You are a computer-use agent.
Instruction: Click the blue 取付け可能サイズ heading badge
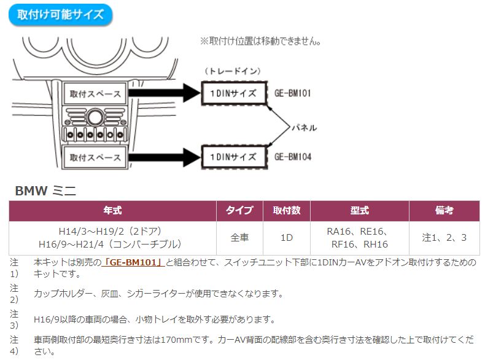pos(60,15)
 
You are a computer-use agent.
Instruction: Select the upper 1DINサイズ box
pos(234,93)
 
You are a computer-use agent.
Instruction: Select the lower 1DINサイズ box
pos(234,157)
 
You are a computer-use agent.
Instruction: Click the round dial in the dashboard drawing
pos(95,118)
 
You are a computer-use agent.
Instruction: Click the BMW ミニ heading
pos(45,191)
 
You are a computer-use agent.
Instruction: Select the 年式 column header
pos(113,210)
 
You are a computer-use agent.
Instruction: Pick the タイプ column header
pos(239,210)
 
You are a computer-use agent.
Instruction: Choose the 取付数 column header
pos(286,210)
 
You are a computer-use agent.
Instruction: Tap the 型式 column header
pos(359,210)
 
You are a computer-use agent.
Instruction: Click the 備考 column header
pos(444,210)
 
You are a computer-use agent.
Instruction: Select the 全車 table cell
pos(239,237)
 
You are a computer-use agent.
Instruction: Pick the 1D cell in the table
pos(286,237)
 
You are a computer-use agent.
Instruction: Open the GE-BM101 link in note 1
pos(133,262)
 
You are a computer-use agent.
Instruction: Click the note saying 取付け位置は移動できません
pos(261,41)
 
